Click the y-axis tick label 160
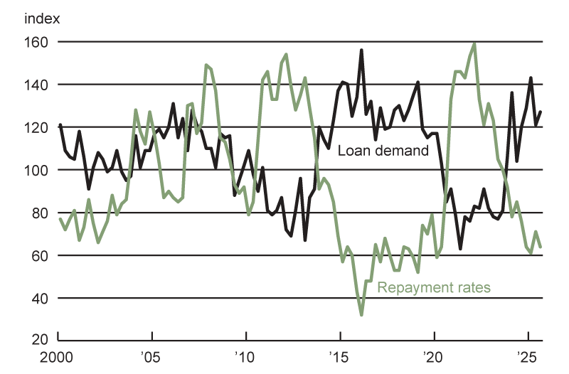(x=36, y=42)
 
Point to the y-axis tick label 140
(x=36, y=85)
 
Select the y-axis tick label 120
(x=36, y=127)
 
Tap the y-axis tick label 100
(x=36, y=170)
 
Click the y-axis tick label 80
(x=39, y=213)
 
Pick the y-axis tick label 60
(x=39, y=255)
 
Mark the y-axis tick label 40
(x=39, y=298)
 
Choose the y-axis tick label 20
(x=39, y=341)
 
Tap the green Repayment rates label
(x=433, y=287)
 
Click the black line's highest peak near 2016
(x=361, y=50)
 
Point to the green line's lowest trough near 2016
(x=361, y=314)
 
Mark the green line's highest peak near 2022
(x=474, y=43)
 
